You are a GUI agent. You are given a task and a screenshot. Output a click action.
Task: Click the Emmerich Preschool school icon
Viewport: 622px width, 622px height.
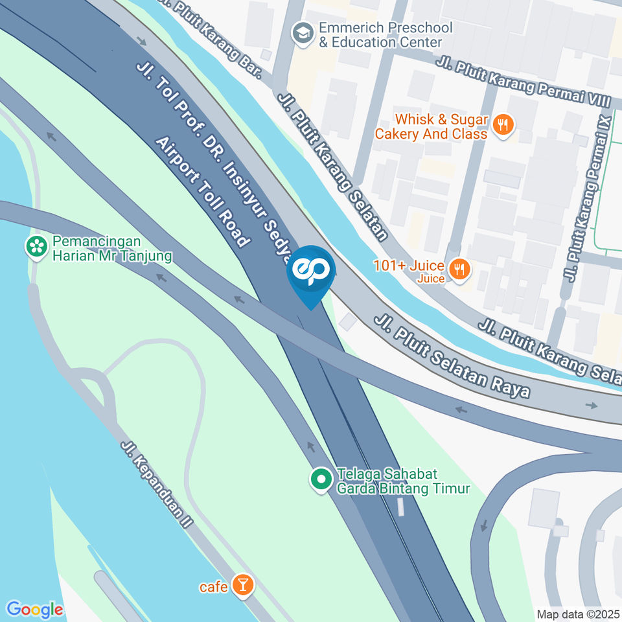[x=302, y=34]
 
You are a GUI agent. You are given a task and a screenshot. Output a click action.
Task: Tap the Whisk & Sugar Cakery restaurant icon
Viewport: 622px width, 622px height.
[x=503, y=126]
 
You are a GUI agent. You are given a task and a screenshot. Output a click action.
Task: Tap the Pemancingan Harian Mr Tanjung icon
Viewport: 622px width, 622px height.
[x=37, y=246]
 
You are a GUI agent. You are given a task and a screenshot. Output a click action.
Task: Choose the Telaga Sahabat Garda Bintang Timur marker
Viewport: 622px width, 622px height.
[x=321, y=480]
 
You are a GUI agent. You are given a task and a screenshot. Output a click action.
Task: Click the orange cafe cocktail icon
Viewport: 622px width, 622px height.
[x=242, y=585]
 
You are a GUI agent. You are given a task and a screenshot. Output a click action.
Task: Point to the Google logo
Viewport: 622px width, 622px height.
[x=35, y=609]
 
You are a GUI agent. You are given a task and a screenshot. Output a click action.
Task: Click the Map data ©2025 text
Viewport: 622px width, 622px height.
[x=577, y=614]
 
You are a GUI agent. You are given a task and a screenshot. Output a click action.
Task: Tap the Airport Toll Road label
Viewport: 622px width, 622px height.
[x=203, y=192]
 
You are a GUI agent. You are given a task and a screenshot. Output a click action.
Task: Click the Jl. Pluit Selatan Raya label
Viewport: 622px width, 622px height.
[x=452, y=356]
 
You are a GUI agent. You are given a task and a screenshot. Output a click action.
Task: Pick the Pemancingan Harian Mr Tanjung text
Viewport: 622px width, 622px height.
[x=112, y=249]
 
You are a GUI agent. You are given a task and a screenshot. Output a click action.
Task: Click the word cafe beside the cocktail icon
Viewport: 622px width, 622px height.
[x=214, y=587]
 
